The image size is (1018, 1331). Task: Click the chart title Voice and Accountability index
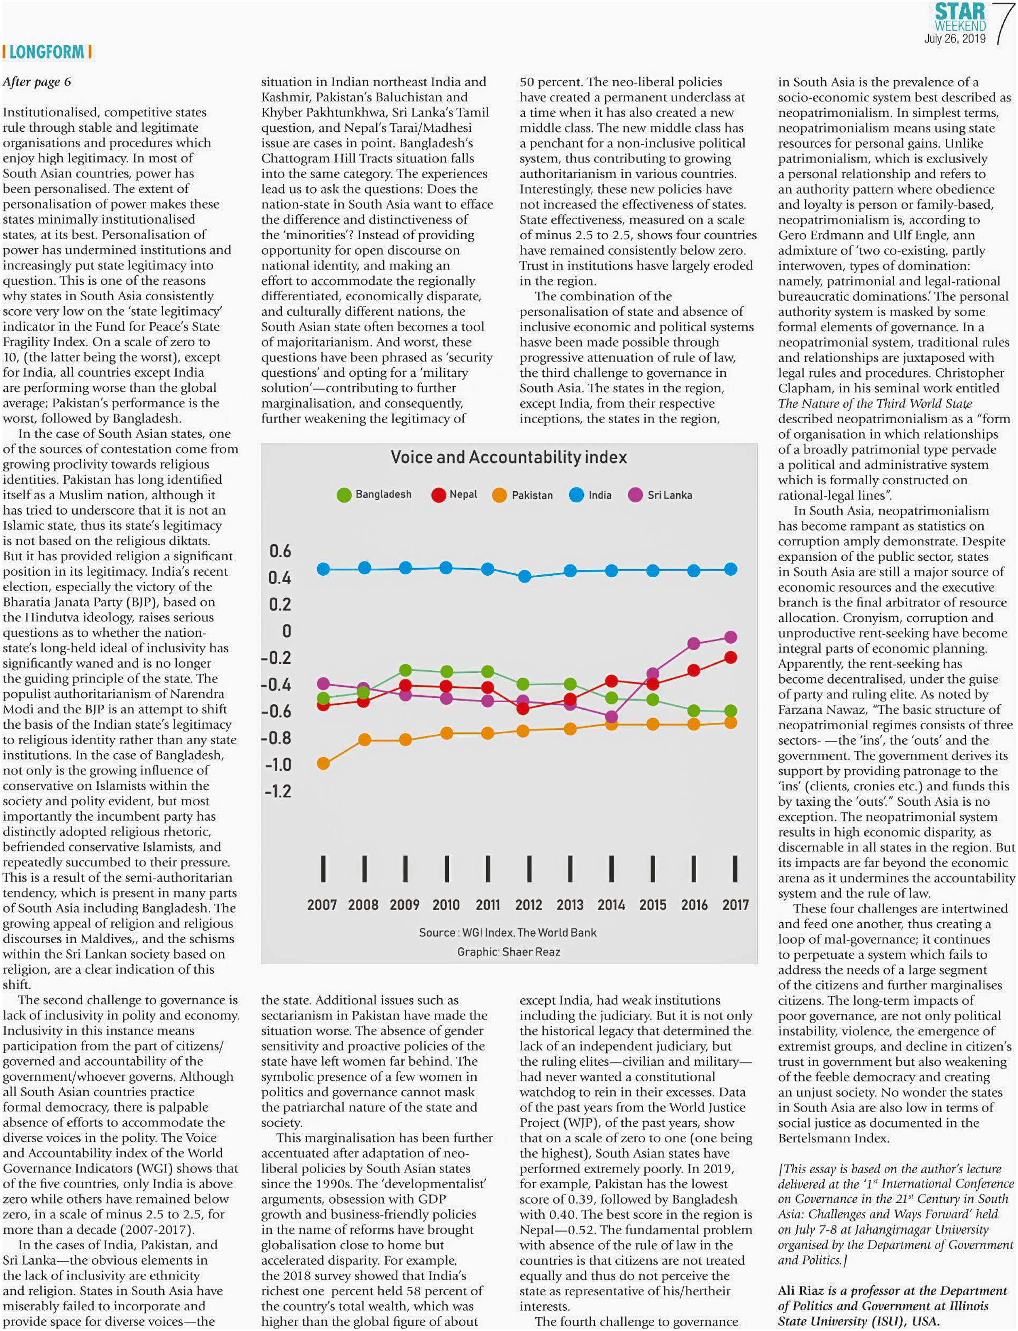pos(509,457)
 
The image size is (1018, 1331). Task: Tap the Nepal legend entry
pos(455,495)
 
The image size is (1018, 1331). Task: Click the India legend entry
pos(591,495)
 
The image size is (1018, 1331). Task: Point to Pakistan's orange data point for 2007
pos(323,763)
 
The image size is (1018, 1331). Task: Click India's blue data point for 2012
pos(525,576)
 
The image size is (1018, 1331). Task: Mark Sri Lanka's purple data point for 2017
pos(731,637)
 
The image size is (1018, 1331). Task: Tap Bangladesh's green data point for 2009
pos(405,670)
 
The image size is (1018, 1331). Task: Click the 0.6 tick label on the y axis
pos(280,551)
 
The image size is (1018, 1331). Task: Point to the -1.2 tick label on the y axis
pos(277,791)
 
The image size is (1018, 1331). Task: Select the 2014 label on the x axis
pos(611,905)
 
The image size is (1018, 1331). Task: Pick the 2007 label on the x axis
pos(322,905)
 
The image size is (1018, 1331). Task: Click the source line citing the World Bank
pos(508,932)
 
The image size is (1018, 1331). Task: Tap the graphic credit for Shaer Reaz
pos(509,951)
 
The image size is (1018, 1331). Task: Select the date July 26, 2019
pos(954,39)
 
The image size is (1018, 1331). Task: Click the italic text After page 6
pos(37,82)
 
